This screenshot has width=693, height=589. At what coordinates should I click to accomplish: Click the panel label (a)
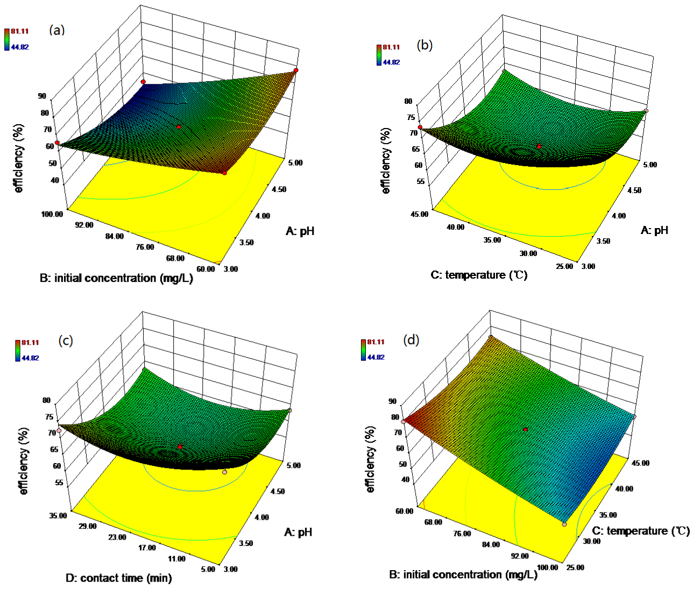(56, 30)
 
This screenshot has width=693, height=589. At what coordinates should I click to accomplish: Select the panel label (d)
(411, 340)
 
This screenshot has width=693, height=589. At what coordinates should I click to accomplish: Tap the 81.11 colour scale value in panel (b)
(391, 47)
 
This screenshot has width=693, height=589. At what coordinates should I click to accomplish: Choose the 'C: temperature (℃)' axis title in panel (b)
(479, 275)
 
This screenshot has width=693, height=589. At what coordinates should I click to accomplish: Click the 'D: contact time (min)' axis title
(118, 578)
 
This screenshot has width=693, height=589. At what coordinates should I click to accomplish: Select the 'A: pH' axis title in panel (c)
(298, 532)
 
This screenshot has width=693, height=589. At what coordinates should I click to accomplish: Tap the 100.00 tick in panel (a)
(52, 214)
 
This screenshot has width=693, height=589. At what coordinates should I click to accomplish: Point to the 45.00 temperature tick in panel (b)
(420, 214)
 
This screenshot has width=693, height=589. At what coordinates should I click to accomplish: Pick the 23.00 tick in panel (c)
(117, 537)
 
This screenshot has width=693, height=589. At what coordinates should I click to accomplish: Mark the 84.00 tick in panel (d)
(491, 545)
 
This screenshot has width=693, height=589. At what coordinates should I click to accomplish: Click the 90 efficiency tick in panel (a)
(56, 96)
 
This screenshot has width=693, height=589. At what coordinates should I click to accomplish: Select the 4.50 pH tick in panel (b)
(633, 190)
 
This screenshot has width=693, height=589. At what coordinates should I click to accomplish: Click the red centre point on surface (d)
(526, 429)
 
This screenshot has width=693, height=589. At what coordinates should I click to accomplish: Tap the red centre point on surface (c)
(180, 446)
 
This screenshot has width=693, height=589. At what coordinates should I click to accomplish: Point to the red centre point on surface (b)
(539, 146)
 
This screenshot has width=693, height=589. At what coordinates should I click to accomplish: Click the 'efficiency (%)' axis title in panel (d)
(370, 459)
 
